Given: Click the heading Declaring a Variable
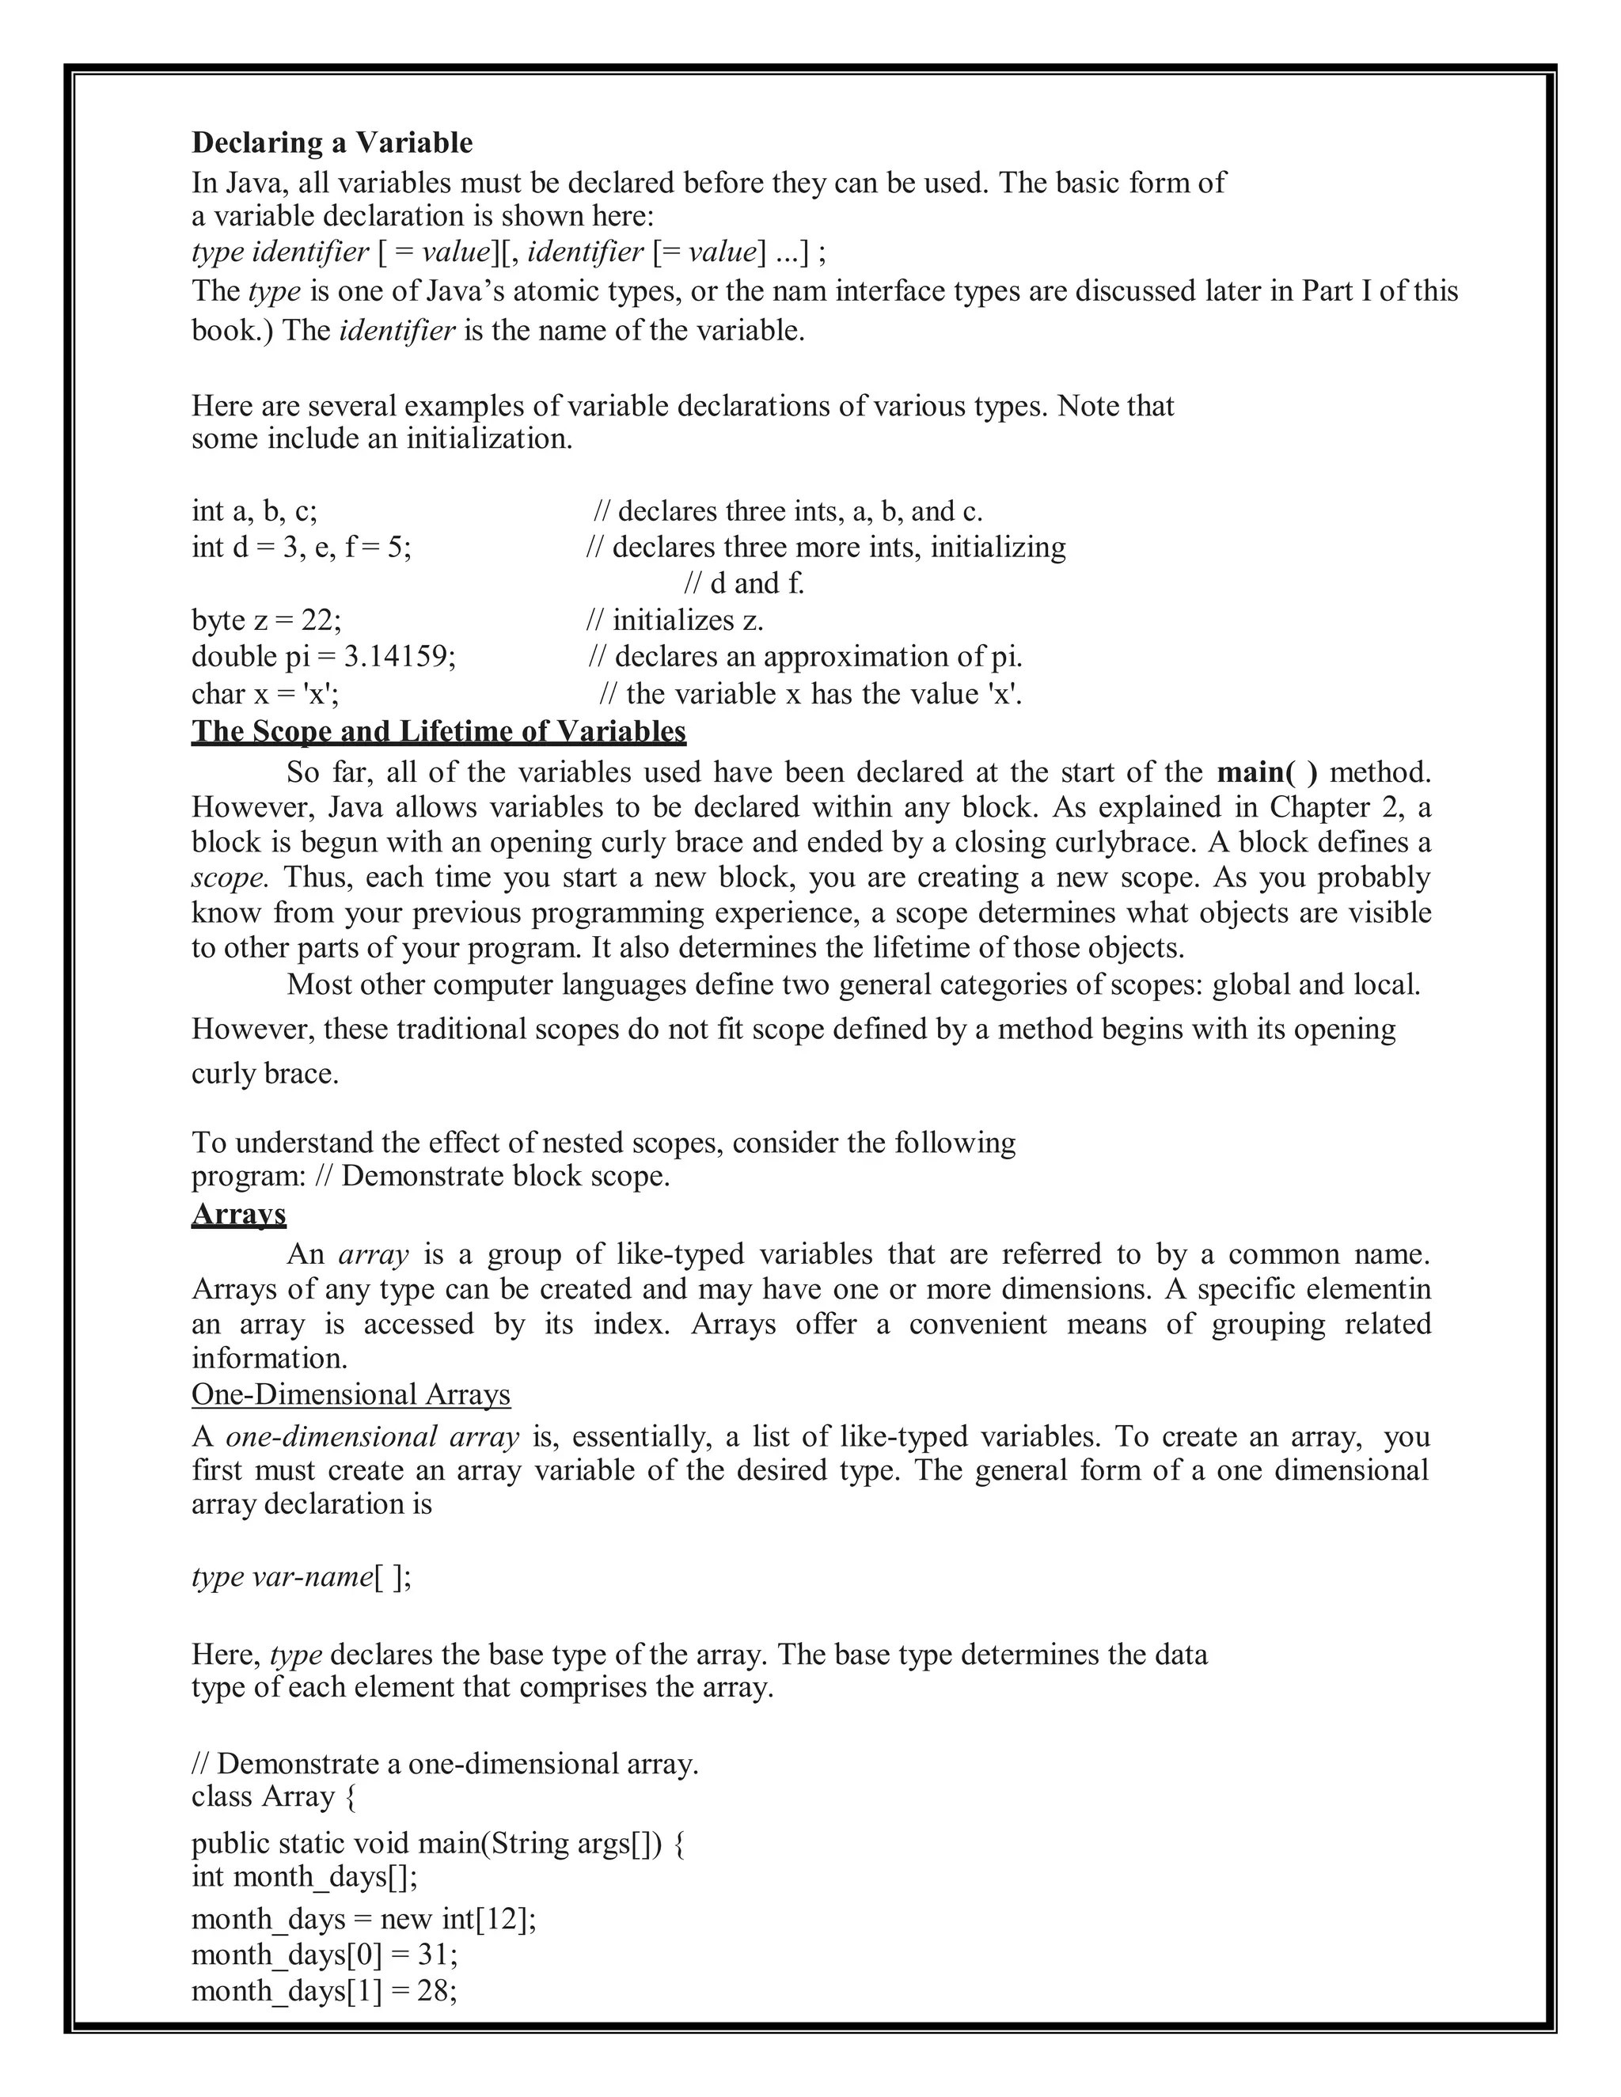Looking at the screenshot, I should point(332,143).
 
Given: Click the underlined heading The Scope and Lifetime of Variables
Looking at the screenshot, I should point(438,732).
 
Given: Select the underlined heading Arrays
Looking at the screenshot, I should point(238,1214).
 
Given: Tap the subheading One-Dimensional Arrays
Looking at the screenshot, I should point(351,1394).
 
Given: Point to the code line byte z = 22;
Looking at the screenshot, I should point(266,620).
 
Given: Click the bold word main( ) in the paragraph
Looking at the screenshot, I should point(1266,773).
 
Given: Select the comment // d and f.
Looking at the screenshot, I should point(743,584).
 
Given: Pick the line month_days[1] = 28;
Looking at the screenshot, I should point(325,1990).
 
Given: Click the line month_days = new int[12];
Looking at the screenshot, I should point(363,1918).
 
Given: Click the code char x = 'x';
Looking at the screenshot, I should point(265,693).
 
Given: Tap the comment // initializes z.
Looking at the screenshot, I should point(674,620).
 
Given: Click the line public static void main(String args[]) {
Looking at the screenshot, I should point(437,1844).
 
